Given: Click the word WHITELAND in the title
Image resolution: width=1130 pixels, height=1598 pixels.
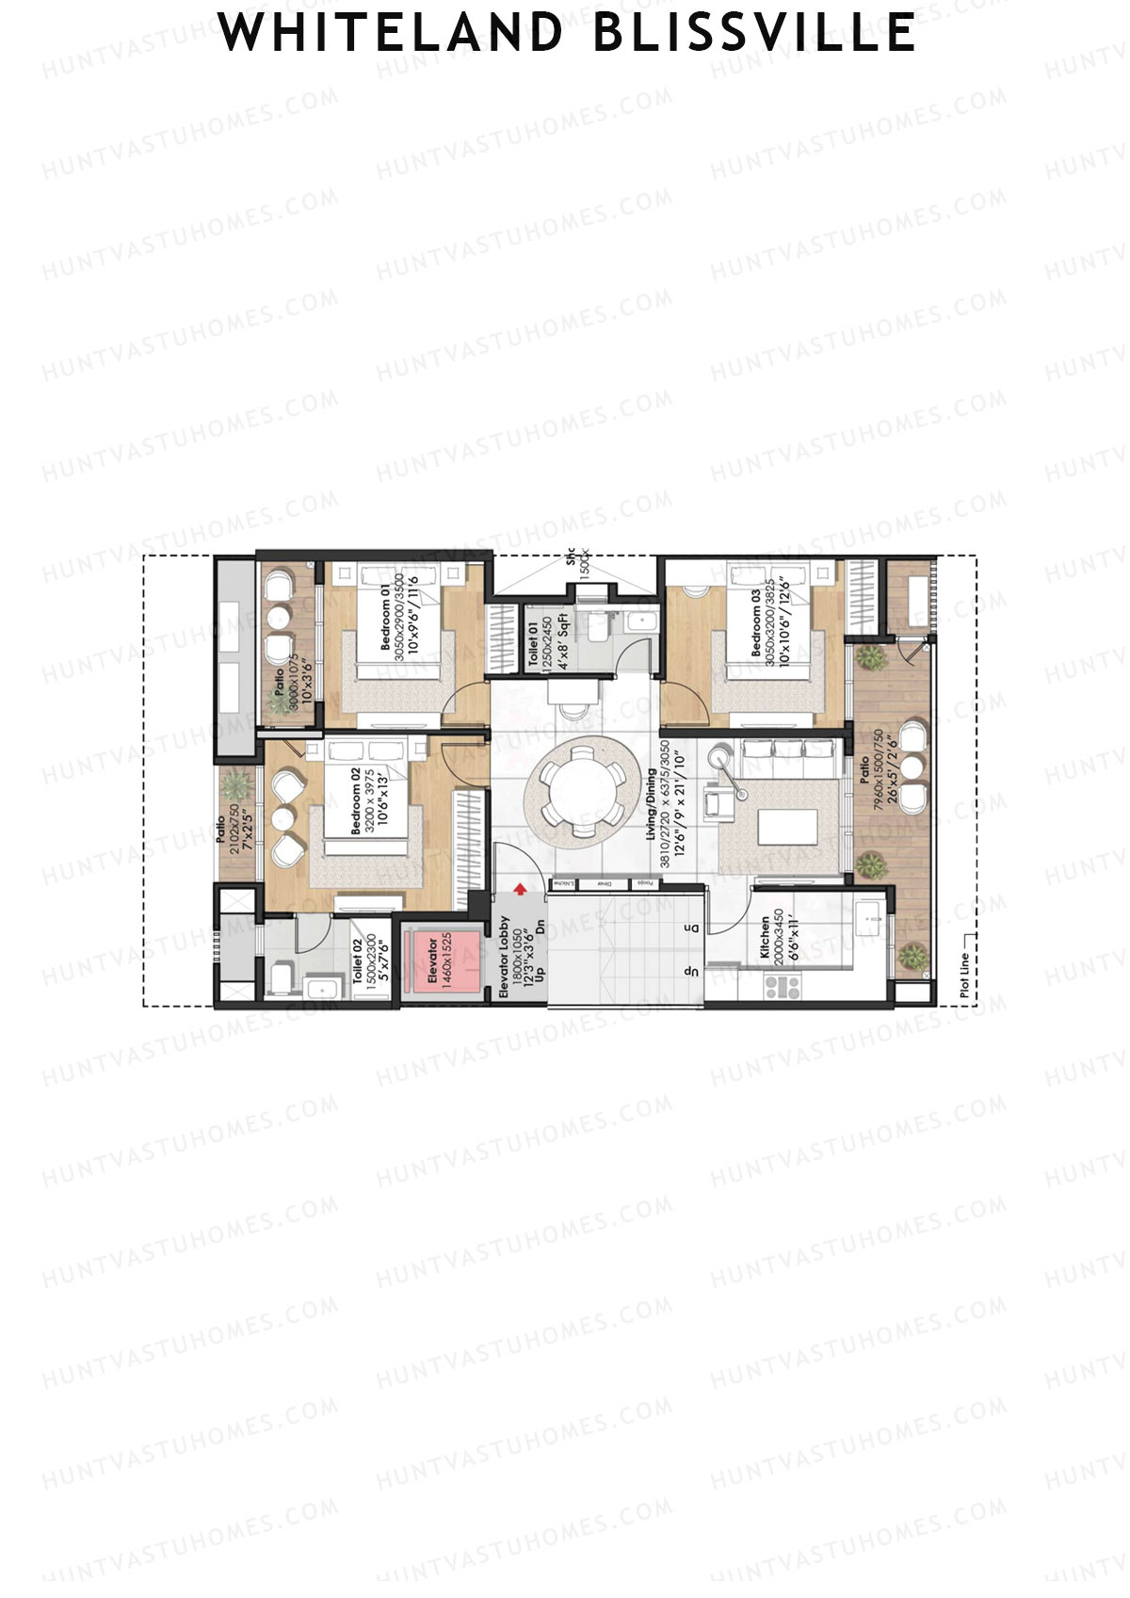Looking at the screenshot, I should point(389,33).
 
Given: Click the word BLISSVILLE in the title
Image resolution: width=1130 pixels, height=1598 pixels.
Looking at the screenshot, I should point(754,33).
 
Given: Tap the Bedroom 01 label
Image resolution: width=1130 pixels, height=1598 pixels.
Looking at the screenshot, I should point(385,617).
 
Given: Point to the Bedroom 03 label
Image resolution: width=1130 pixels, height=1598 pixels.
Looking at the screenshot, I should point(756,623).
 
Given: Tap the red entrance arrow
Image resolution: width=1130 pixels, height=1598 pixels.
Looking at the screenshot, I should point(519,889).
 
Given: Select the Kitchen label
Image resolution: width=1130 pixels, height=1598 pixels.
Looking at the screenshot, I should point(766,938).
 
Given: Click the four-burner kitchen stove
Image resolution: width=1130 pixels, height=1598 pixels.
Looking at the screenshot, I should point(782,986).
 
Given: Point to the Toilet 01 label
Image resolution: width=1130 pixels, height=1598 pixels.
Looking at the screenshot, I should point(533,644).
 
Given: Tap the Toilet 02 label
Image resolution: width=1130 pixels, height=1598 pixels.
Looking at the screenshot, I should point(359,960).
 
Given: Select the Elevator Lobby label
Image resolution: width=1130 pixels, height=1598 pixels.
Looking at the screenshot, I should point(505,957).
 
